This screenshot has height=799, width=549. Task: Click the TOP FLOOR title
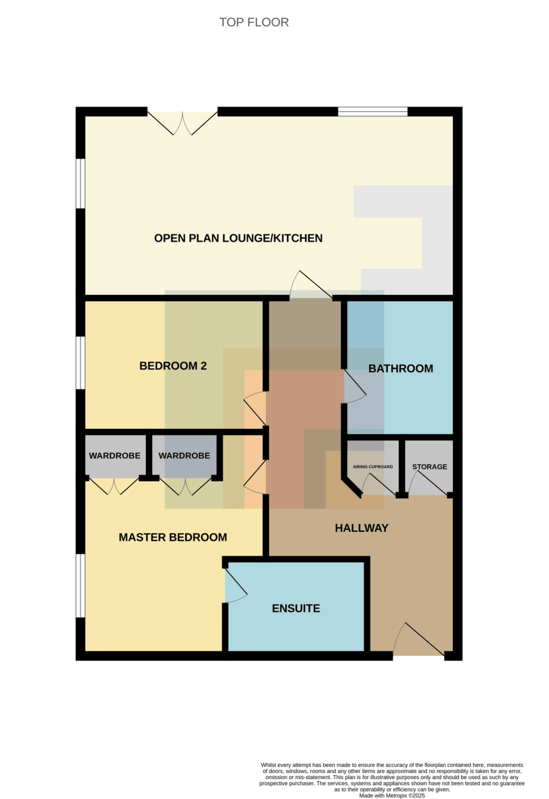pyautogui.click(x=254, y=23)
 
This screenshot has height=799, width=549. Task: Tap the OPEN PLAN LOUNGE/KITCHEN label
pyautogui.click(x=238, y=238)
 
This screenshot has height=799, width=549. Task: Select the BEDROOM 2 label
pyautogui.click(x=173, y=366)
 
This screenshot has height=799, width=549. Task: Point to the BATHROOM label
pyautogui.click(x=400, y=368)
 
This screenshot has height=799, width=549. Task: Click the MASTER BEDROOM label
pyautogui.click(x=173, y=537)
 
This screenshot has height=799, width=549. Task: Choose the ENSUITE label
pyautogui.click(x=296, y=609)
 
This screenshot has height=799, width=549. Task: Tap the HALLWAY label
pyautogui.click(x=362, y=528)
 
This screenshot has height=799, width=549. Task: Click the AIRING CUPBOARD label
pyautogui.click(x=373, y=467)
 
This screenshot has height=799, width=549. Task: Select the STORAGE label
pyautogui.click(x=430, y=467)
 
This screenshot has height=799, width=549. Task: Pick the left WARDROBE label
pyautogui.click(x=115, y=456)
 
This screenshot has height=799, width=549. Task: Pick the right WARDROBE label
pyautogui.click(x=184, y=456)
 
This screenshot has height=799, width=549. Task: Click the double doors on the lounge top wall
pyautogui.click(x=183, y=123)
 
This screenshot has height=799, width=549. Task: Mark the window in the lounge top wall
pyautogui.click(x=372, y=112)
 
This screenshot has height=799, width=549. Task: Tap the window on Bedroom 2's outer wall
pyautogui.click(x=81, y=363)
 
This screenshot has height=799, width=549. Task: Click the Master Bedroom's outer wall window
pyautogui.click(x=81, y=586)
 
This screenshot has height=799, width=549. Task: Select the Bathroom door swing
pyautogui.click(x=355, y=386)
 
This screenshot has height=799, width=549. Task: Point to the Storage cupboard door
pyautogui.click(x=428, y=483)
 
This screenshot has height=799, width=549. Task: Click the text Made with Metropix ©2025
pyautogui.click(x=392, y=796)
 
